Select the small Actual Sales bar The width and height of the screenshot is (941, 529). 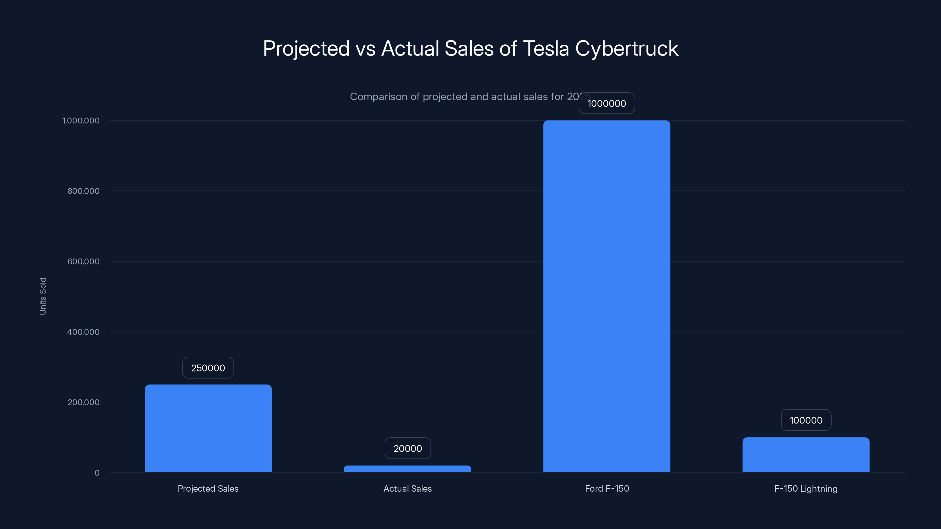pos(407,469)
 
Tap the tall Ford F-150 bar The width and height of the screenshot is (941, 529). pos(606,296)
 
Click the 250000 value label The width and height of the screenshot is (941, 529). pos(208,368)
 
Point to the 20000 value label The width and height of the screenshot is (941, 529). pos(408,448)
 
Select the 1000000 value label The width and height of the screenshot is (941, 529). pos(607,103)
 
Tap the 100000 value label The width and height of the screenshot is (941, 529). pos(806,420)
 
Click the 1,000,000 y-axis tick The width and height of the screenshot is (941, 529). pos(81,120)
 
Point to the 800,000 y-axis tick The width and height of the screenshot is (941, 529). pos(83,191)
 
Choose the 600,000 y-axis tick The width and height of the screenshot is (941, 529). pos(83,261)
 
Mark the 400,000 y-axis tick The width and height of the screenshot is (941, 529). pos(83,332)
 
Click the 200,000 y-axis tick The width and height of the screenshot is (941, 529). pos(83,402)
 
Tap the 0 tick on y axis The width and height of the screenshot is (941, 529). pos(97,473)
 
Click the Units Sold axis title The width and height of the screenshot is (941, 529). pos(43,296)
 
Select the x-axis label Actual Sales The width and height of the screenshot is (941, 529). pos(407,488)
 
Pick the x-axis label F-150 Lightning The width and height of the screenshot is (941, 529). pos(806,488)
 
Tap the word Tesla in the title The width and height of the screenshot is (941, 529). pos(546,48)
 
